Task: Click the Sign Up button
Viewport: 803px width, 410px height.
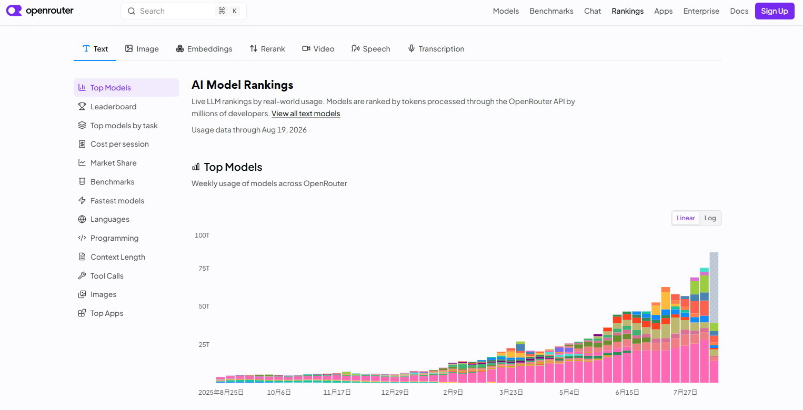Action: [775, 11]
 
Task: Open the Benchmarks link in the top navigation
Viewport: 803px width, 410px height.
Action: [551, 11]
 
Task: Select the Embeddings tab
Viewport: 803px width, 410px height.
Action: [204, 49]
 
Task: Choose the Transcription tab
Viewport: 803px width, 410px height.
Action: [436, 49]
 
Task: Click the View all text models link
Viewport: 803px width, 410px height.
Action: [305, 114]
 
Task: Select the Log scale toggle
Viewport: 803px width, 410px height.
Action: [710, 218]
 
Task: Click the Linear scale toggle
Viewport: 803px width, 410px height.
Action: [686, 218]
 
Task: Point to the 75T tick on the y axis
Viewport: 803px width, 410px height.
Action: [204, 269]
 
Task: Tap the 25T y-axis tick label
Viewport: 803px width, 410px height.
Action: [204, 344]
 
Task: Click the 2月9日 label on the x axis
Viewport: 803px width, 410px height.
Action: [453, 393]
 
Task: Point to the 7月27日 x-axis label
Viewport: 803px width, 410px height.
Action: [685, 393]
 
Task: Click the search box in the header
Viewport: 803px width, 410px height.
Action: [184, 11]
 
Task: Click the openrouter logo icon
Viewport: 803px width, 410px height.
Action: [14, 11]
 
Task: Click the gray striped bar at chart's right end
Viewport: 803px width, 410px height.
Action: [714, 288]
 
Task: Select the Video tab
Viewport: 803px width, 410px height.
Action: [318, 49]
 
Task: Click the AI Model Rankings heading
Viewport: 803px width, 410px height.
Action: [243, 85]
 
